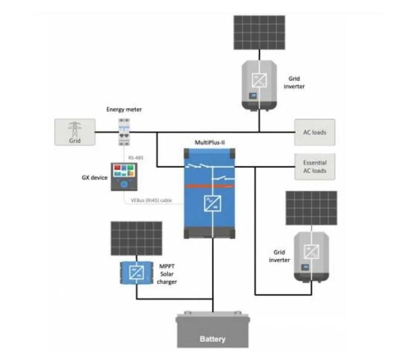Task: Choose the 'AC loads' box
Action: point(314,132)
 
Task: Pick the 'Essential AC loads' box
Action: point(314,167)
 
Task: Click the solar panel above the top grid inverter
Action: point(259,32)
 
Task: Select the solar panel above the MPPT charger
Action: point(136,238)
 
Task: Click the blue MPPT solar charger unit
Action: point(136,272)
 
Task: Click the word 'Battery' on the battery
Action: point(212,339)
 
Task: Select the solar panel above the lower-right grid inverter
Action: point(311,208)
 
